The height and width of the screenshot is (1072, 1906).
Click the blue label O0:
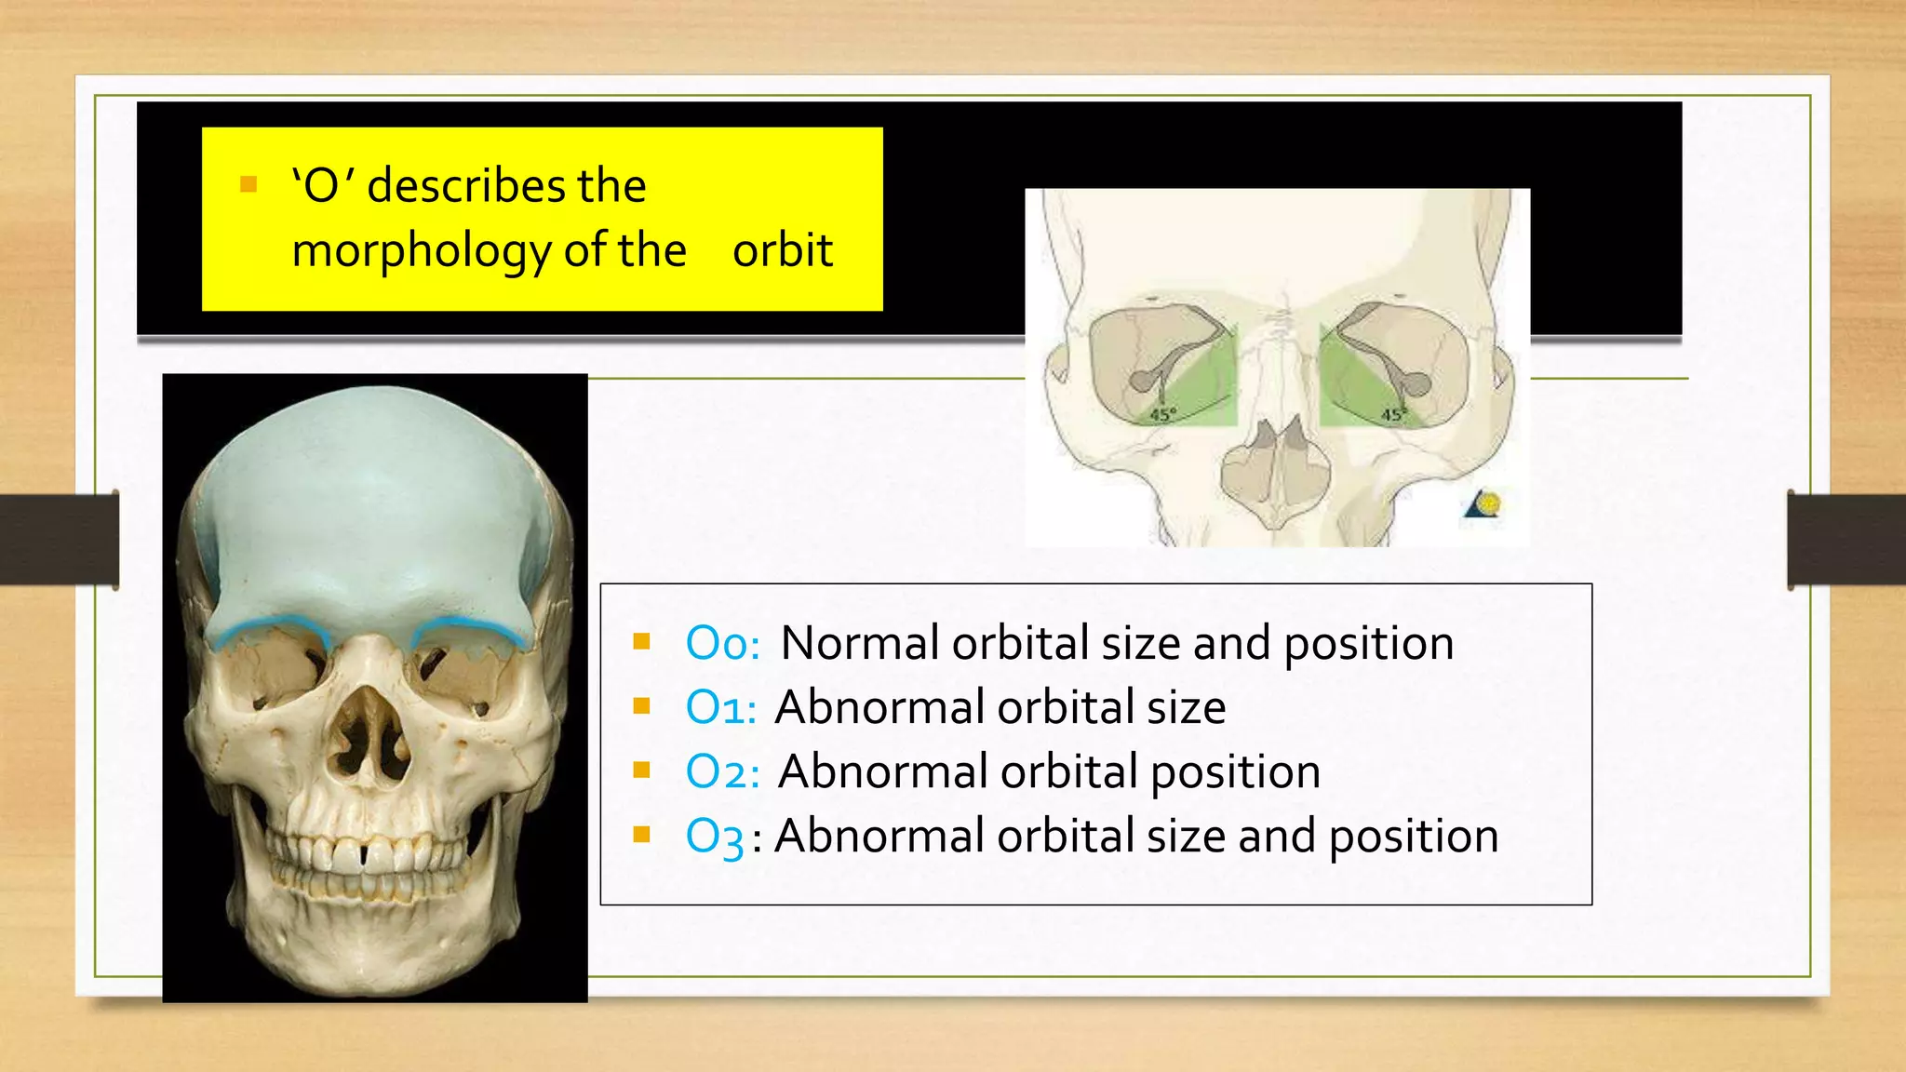722,643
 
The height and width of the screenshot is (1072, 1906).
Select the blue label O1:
720,707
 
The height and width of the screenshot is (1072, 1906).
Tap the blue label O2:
722,771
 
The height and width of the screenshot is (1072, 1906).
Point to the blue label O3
714,837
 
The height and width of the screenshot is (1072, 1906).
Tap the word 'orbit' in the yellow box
782,250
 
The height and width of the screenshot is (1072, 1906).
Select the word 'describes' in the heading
466,185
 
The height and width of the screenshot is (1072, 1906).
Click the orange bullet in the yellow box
248,184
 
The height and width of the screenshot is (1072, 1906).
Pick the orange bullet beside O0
641,641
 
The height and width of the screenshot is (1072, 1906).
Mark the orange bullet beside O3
641,834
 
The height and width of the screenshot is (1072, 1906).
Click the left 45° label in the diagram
1163,414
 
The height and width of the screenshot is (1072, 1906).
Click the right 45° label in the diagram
1393,414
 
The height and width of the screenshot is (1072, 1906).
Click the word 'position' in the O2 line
1235,771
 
